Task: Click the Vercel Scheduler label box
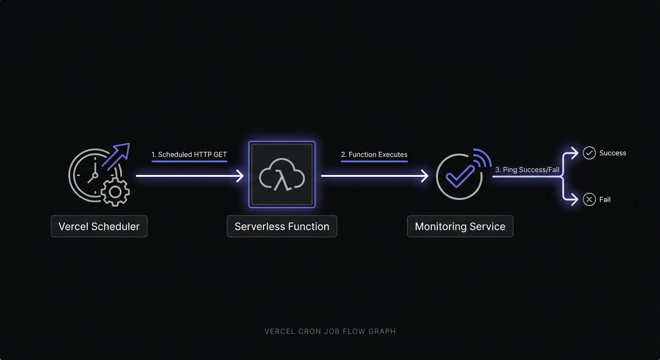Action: [99, 226]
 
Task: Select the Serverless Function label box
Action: [282, 226]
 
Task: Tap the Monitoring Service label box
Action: [460, 226]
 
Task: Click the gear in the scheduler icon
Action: [115, 192]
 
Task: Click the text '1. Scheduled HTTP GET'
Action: [189, 154]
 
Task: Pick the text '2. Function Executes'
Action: [374, 154]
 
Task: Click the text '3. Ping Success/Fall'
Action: [527, 170]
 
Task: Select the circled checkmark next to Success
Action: [589, 153]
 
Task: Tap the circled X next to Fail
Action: [589, 200]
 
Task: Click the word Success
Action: [613, 153]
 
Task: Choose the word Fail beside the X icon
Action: [605, 200]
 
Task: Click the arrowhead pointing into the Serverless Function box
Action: [240, 176]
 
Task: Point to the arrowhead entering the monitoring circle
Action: [425, 176]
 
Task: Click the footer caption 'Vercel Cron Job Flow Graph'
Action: [330, 331]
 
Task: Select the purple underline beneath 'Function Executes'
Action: [374, 161]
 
